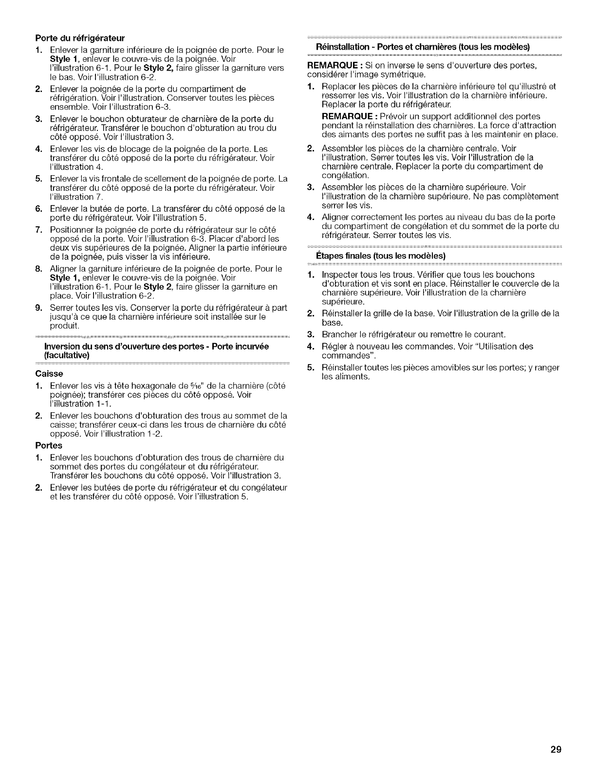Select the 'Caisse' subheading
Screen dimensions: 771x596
[x=49, y=374]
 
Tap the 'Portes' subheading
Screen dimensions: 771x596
[x=49, y=445]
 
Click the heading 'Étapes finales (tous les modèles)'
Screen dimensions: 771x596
[x=381, y=256]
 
